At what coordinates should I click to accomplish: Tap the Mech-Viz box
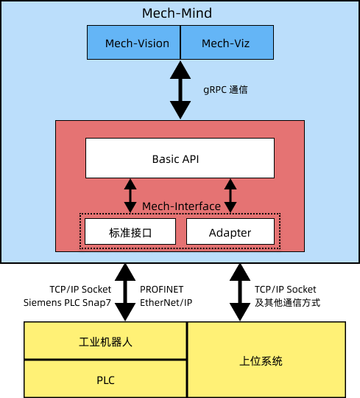[227, 43]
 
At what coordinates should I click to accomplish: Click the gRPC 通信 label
[225, 90]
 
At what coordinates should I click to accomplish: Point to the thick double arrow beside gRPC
[180, 90]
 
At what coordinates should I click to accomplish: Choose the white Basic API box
[180, 158]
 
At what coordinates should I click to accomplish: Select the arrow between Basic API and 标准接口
[130, 195]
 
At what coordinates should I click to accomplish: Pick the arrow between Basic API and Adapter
[230, 195]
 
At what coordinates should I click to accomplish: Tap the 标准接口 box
[130, 233]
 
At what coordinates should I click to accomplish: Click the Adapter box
[230, 233]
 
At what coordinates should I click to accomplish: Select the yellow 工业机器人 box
[105, 341]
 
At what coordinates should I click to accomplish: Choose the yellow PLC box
[105, 380]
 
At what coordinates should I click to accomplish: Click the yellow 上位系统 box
[266, 360]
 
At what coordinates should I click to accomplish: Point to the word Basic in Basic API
[166, 158]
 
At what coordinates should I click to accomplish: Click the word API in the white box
[191, 158]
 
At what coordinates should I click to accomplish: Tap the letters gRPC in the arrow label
[214, 90]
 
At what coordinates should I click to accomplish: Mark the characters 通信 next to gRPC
[239, 90]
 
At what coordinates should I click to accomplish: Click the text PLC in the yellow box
[105, 380]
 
